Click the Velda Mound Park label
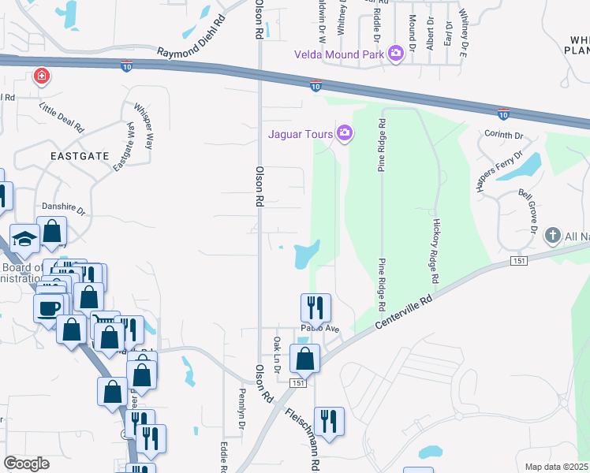(x=338, y=54)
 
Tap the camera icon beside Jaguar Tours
(x=344, y=132)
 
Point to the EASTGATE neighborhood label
(x=79, y=156)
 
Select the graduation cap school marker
(x=25, y=237)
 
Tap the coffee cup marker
(x=50, y=307)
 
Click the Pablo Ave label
(x=319, y=328)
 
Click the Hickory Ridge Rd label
(x=435, y=251)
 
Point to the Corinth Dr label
(x=504, y=135)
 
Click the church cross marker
(x=552, y=235)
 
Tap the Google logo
(x=26, y=464)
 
